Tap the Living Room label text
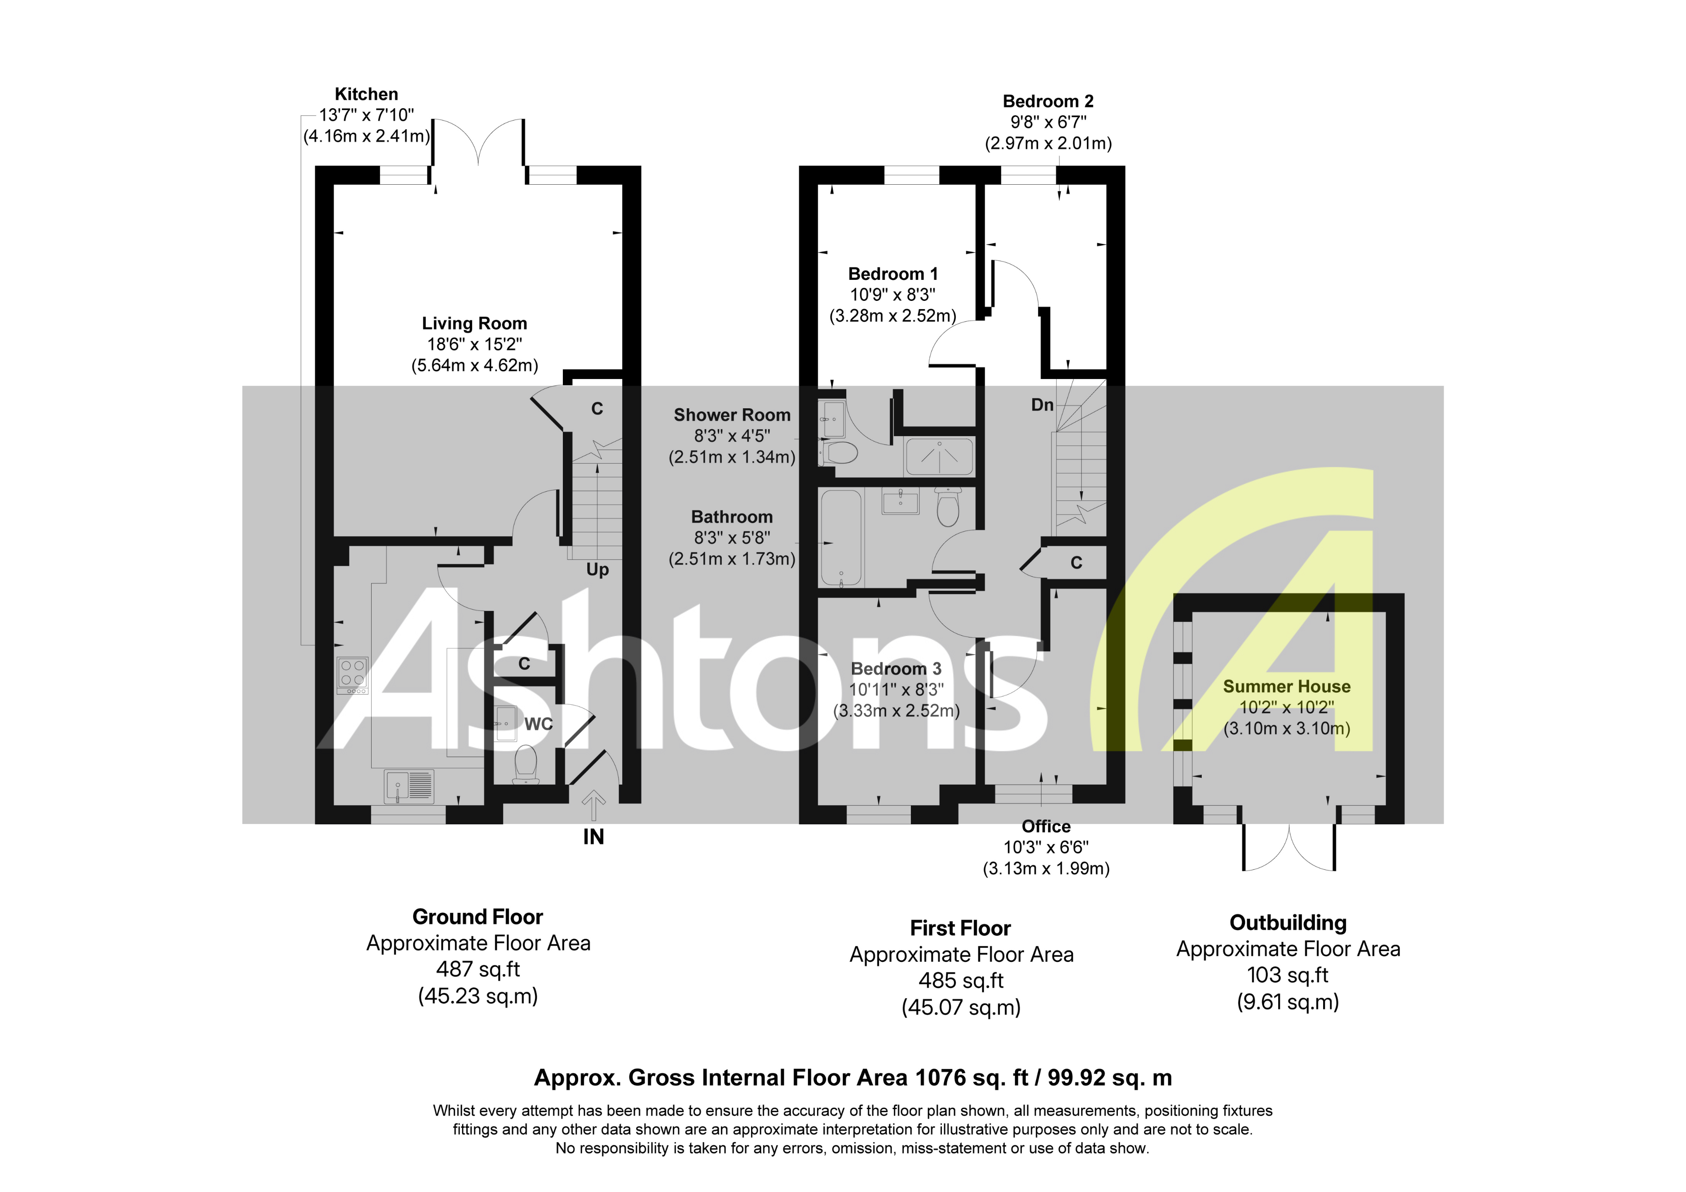click(x=474, y=323)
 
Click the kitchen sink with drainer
click(x=409, y=786)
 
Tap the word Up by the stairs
click(x=597, y=570)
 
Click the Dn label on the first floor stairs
click(x=1042, y=405)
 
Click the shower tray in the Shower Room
click(x=939, y=457)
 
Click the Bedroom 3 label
click(x=896, y=669)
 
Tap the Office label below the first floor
click(x=1046, y=826)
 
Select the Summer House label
click(x=1286, y=687)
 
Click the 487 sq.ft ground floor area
click(x=478, y=969)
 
